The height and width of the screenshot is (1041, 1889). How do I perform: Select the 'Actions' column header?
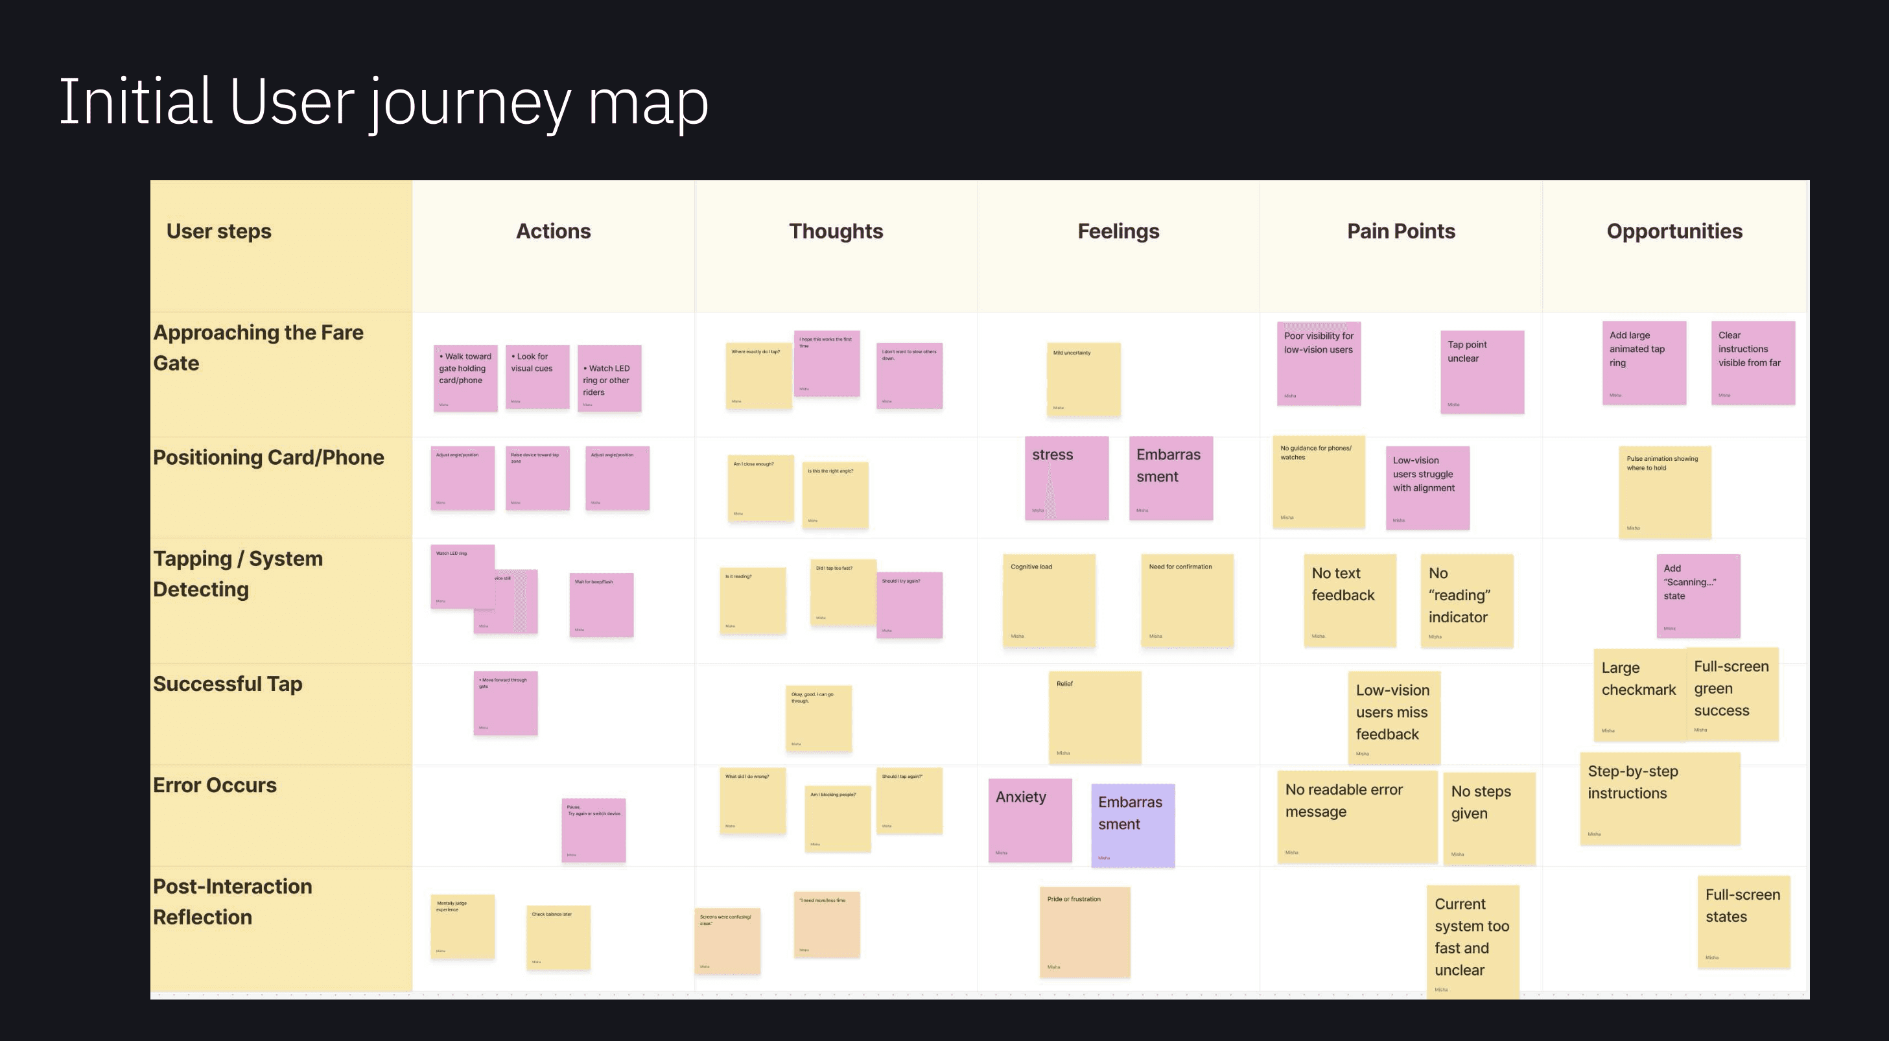click(553, 231)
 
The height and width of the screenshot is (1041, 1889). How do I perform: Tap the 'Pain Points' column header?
click(1401, 231)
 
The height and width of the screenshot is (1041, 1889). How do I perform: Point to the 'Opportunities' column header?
click(1674, 231)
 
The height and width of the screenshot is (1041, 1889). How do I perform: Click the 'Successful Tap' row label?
click(228, 684)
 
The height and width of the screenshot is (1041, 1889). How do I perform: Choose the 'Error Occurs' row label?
click(214, 785)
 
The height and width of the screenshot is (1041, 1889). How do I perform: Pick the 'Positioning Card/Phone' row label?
click(268, 458)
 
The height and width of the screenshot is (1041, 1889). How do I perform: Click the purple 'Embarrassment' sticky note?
click(1133, 825)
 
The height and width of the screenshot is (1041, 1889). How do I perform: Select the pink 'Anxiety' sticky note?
click(1029, 819)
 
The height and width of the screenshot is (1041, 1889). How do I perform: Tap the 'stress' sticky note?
click(1066, 478)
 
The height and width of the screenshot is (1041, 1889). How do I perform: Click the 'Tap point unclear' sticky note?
click(1482, 371)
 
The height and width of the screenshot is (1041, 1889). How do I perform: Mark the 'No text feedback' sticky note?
click(1349, 600)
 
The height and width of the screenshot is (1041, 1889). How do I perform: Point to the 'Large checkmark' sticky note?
click(1639, 694)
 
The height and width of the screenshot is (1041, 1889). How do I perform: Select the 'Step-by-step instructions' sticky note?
click(1660, 799)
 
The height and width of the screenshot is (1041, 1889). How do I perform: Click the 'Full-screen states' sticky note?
click(1743, 922)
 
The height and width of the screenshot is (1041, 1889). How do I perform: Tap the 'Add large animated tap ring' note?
click(1643, 363)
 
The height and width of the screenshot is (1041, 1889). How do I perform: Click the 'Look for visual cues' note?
click(537, 376)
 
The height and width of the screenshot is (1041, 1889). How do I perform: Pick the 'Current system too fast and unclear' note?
click(1472, 941)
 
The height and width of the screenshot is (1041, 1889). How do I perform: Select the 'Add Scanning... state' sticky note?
click(1698, 595)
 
